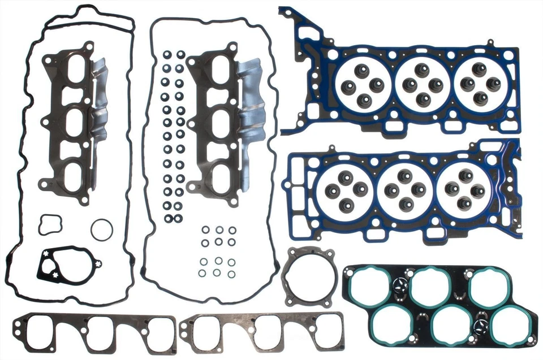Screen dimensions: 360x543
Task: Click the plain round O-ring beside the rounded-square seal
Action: (x=101, y=229)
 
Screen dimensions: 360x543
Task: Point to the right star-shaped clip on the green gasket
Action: (x=482, y=324)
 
